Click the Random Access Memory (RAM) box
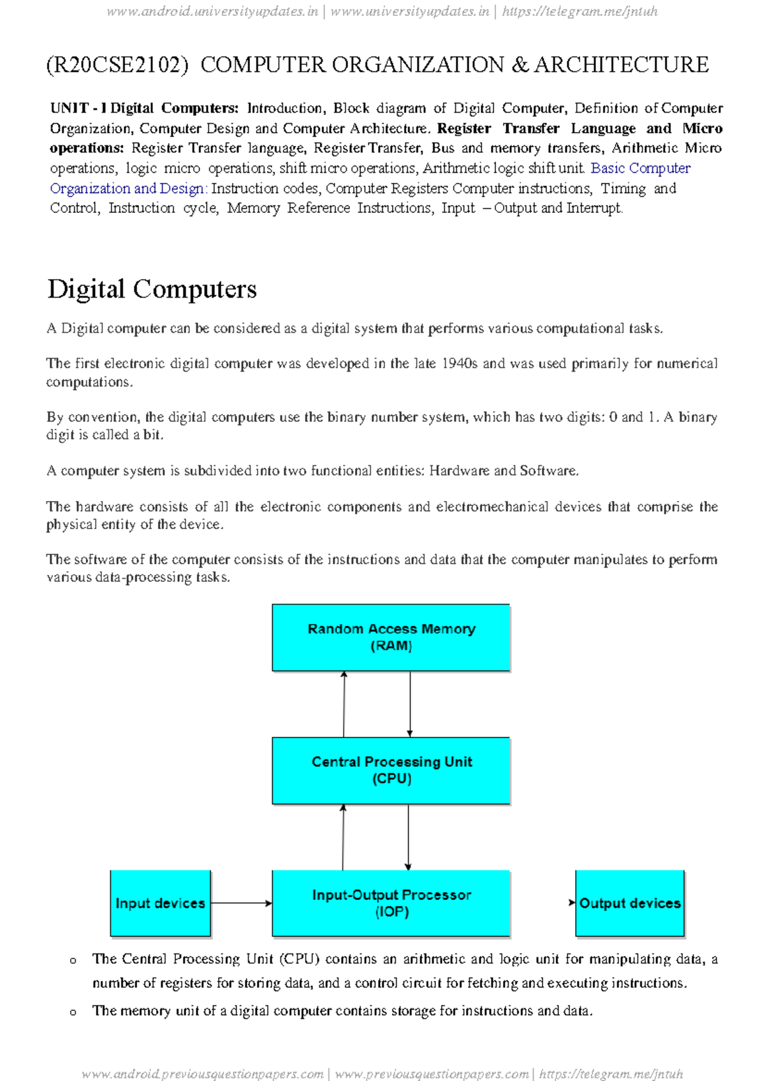coord(391,637)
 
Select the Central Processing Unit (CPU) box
coord(391,770)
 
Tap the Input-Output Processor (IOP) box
coord(391,903)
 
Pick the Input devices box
coord(160,903)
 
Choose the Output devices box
coord(629,903)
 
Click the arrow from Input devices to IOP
coord(241,903)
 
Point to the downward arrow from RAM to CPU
coord(410,704)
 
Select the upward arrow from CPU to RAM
coord(344,704)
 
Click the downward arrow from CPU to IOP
coord(408,837)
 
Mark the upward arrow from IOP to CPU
coord(343,837)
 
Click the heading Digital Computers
coord(152,289)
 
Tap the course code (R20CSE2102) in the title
coord(117,65)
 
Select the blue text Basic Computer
coord(640,168)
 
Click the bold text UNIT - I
coord(78,108)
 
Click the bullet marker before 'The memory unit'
coord(73,1012)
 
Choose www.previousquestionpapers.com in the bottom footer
coord(432,1074)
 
